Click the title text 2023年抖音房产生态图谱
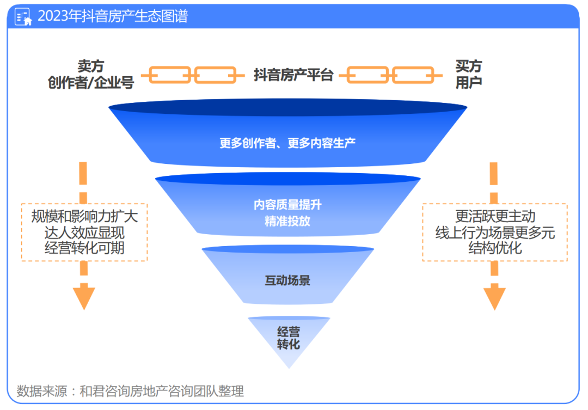[x=113, y=16]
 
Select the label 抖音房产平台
[x=293, y=75]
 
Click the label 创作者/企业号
[x=91, y=82]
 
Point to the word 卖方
[x=90, y=66]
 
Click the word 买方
[x=469, y=66]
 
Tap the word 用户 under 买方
[x=469, y=82]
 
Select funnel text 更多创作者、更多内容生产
[x=287, y=143]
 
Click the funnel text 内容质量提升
[x=287, y=205]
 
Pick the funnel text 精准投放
[x=287, y=221]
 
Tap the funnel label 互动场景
[x=287, y=281]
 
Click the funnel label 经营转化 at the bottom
[x=289, y=338]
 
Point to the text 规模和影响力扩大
[x=84, y=216]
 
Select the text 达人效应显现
[x=84, y=232]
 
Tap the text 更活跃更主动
[x=495, y=216]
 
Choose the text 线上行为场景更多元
[x=495, y=232]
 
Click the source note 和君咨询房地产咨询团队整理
[x=162, y=391]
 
